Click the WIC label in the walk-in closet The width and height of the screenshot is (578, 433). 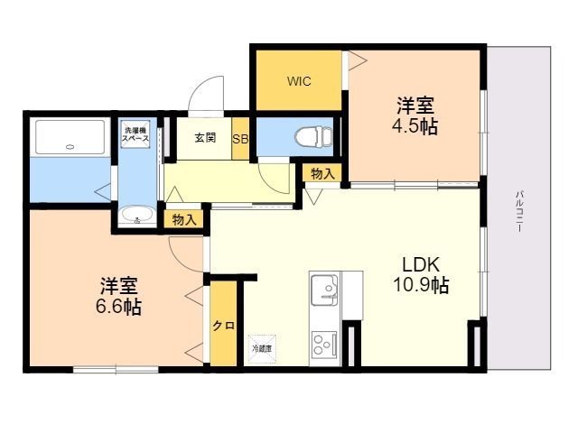299,81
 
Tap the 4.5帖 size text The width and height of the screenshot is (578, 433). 416,126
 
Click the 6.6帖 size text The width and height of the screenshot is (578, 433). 119,307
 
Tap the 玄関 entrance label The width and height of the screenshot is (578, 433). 205,138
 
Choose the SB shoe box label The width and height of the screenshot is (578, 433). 241,139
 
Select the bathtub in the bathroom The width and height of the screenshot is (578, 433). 70,137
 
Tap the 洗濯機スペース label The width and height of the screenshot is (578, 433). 137,134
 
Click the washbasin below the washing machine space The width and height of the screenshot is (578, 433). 136,215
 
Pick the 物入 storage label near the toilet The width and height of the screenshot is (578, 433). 322,172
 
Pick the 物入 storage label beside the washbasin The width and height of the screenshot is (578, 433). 183,219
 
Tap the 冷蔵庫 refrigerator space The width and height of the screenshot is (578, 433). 262,345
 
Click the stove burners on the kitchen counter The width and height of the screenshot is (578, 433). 323,344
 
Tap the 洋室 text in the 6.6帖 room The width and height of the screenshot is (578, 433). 119,286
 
